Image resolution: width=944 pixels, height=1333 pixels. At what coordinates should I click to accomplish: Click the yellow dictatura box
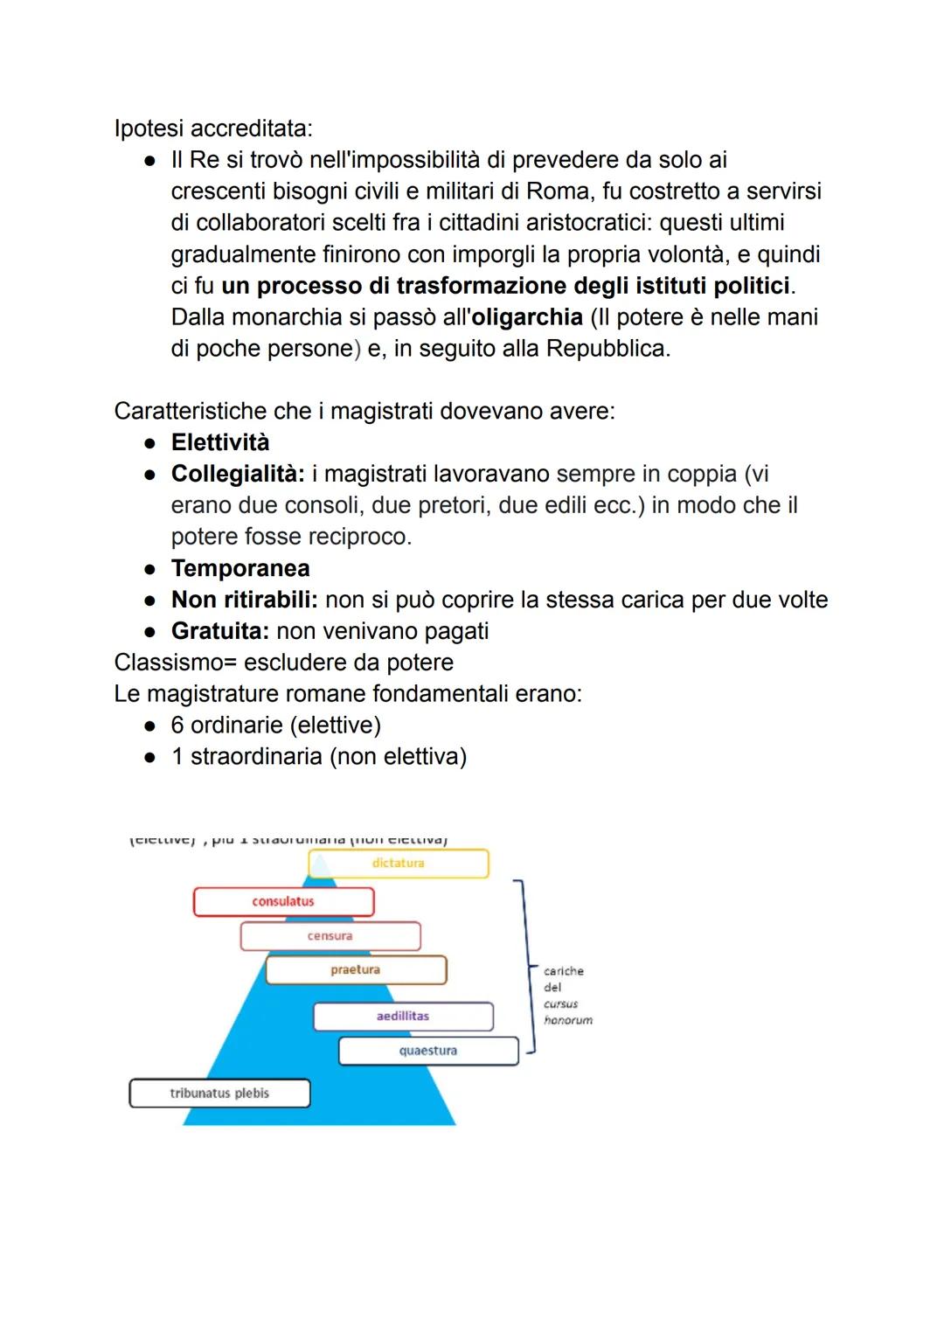coord(399,864)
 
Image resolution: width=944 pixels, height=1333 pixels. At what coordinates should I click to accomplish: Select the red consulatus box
coord(283,901)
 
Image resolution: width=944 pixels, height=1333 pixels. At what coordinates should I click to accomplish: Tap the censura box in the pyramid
coord(330,936)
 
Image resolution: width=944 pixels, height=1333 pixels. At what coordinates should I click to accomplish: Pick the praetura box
coord(356,970)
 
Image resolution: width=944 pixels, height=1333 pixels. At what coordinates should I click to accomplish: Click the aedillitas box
coord(403,1017)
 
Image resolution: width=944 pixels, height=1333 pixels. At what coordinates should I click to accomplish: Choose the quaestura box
coord(428,1051)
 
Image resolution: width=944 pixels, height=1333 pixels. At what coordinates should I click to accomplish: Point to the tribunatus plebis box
coord(219,1093)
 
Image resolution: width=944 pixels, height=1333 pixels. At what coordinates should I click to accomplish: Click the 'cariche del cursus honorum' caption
coord(566,996)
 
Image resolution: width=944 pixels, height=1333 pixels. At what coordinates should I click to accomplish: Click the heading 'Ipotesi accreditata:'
coord(213,128)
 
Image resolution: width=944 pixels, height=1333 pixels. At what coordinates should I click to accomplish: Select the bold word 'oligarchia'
coord(526,316)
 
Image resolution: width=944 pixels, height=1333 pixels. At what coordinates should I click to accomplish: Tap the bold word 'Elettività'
coord(220,442)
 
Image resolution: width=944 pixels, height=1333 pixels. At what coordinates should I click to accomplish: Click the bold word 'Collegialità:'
coord(238,474)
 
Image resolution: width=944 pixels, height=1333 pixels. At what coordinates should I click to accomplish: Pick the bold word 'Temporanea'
coord(240,568)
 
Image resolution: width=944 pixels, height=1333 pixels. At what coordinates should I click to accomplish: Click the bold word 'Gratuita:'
coord(220,631)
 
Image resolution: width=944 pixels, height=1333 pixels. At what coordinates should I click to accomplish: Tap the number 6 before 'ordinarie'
coord(177,726)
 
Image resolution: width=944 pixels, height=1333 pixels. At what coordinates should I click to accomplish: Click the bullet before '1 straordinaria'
coord(150,757)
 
